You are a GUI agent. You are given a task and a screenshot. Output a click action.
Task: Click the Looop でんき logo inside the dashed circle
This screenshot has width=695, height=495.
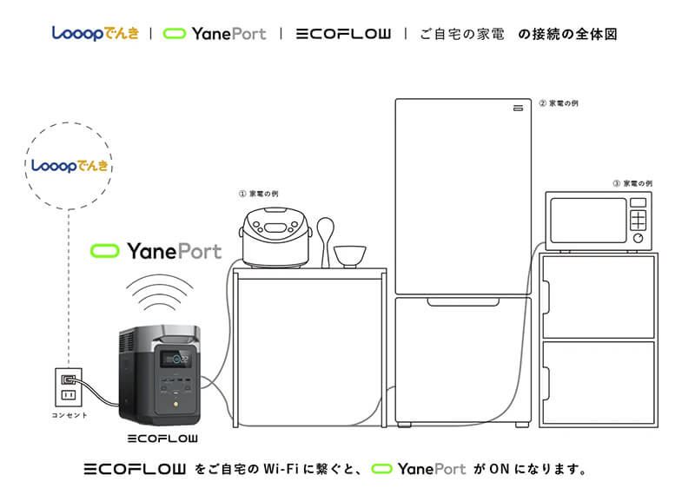(x=69, y=165)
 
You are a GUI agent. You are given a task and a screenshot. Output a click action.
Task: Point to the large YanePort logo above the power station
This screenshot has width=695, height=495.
(x=156, y=252)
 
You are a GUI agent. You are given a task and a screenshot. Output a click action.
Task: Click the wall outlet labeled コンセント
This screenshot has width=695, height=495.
(x=67, y=386)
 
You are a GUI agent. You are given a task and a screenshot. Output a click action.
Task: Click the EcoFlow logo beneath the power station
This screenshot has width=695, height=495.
(x=162, y=437)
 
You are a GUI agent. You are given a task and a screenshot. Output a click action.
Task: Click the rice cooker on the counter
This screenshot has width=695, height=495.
(x=275, y=236)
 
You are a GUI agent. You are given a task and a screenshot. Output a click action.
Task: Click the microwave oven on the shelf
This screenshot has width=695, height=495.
(x=598, y=221)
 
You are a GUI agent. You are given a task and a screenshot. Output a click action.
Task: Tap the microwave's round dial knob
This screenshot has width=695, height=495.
(x=639, y=237)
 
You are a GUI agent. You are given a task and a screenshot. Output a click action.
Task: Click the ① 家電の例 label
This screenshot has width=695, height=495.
(x=258, y=193)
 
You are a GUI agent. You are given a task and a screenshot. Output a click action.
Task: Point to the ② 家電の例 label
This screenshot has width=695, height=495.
(x=558, y=102)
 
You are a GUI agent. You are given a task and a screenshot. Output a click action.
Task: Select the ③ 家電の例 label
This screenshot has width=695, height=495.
(x=632, y=183)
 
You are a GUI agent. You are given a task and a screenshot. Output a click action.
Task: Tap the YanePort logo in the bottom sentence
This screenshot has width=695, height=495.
(x=420, y=469)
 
